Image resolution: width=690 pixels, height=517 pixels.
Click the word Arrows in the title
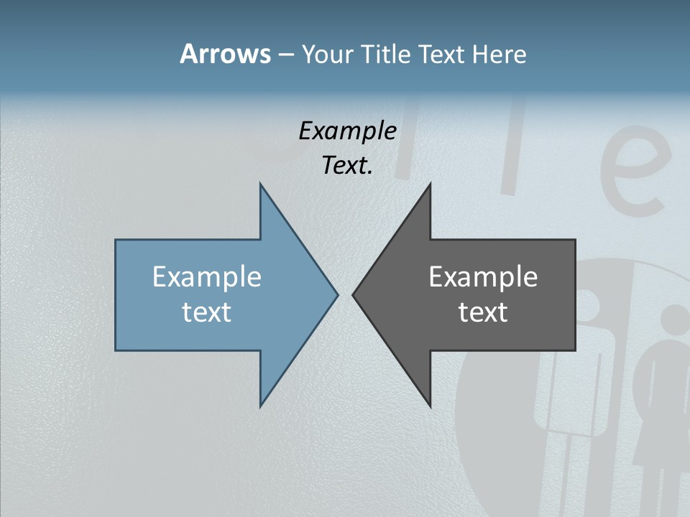coord(224,54)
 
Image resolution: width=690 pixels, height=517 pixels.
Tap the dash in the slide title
coord(285,55)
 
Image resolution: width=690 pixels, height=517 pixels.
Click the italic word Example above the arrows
coord(347,131)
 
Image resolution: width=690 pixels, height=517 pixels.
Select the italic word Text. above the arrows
coord(347,166)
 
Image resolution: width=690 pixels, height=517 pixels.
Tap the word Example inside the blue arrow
coord(207,277)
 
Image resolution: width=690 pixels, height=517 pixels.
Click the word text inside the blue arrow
coord(207,312)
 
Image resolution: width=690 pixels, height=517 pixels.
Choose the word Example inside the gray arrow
coord(483,277)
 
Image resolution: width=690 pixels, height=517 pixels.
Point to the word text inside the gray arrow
coord(483,312)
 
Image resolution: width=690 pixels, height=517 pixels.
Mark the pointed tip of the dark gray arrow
coord(354,294)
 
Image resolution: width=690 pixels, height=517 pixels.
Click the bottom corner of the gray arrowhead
coord(430,406)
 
